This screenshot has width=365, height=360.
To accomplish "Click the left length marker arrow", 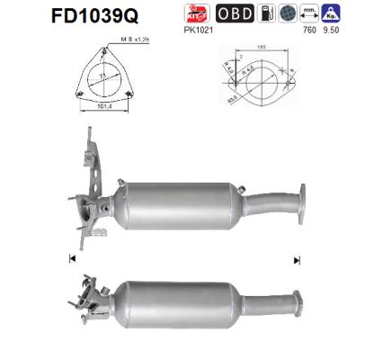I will tap(71, 259).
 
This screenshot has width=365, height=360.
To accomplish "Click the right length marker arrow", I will tap(296, 259).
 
